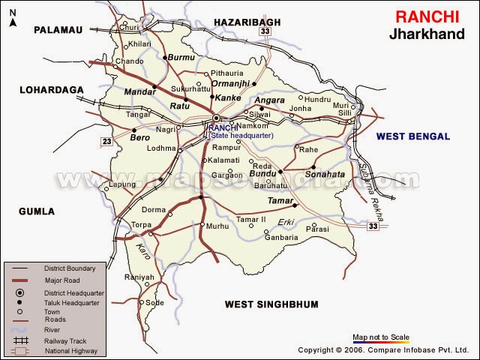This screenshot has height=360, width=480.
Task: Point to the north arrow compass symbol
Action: tap(13, 16)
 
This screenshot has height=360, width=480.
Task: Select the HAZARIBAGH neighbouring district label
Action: tap(246, 24)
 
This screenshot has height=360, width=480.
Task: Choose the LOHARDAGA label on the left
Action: tap(51, 89)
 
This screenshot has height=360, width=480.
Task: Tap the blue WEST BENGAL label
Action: tap(413, 136)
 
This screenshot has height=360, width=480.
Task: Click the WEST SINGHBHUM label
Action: tap(271, 304)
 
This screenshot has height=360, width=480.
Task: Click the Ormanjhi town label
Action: tap(235, 84)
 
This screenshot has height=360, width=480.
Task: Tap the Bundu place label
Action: tap(262, 174)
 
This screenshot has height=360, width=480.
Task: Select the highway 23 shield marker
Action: tap(107, 140)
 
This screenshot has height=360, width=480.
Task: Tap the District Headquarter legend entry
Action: tap(73, 292)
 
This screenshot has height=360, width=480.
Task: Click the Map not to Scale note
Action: tap(380, 336)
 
